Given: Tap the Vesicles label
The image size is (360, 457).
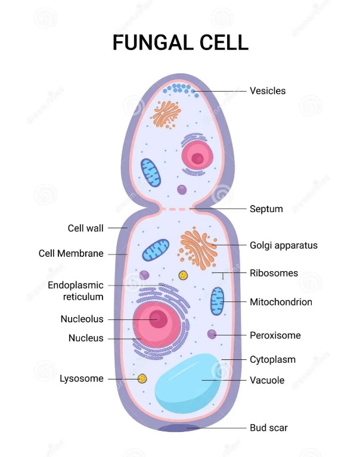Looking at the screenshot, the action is tap(268, 91).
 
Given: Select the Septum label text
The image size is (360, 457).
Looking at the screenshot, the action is tap(266, 209).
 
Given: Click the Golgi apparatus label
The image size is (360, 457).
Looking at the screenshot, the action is tap(284, 245).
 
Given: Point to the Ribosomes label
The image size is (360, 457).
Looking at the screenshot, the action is tap(274, 273).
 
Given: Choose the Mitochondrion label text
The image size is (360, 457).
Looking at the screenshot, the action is tap(281, 301).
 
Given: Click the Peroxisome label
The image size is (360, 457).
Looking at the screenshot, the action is tap(275, 335).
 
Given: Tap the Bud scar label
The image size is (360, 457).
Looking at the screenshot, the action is tap(268, 428).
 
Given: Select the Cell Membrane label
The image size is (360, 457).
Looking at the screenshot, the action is tap(71, 253).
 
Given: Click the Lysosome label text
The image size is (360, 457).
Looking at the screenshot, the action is tap(82, 378).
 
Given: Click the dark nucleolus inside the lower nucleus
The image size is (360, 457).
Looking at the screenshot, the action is tap(159, 319).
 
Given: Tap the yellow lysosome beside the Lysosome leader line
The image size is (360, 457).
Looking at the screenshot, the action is tap(142, 378).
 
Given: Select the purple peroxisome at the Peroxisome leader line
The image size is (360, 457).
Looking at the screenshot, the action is tap(212, 334).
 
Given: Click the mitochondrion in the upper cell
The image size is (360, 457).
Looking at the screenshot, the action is tap(151, 173).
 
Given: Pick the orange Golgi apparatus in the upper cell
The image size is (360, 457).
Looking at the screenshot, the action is tap(166, 114).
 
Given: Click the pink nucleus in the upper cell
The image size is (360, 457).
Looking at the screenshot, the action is tap(197, 156).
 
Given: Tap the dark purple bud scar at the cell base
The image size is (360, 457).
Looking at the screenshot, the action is tap(179, 428).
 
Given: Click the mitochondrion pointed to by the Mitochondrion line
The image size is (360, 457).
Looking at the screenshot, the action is tap(217, 301).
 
